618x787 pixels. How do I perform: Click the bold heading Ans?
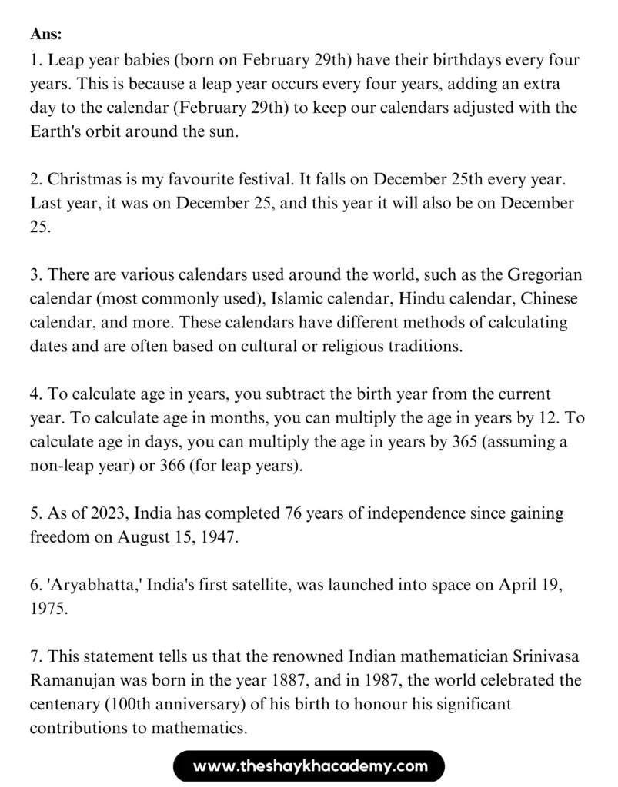pyautogui.click(x=47, y=35)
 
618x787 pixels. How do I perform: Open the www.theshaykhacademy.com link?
pyautogui.click(x=309, y=765)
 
